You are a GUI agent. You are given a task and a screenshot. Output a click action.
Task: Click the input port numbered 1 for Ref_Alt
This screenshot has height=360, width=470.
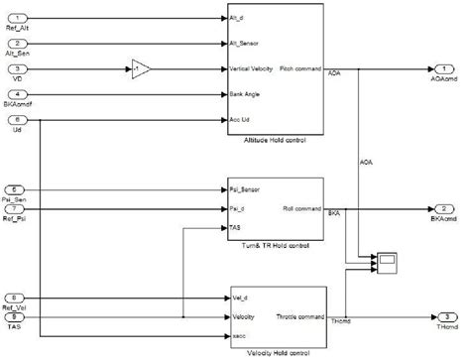[22, 18]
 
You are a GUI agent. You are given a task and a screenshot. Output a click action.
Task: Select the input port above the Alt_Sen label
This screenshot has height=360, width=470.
[22, 43]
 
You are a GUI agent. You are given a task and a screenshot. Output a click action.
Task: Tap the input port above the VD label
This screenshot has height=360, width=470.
[22, 68]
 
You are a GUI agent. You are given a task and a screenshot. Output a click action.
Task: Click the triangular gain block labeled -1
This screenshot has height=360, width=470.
[140, 68]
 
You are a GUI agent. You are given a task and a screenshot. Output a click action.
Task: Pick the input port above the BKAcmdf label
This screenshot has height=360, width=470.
[22, 94]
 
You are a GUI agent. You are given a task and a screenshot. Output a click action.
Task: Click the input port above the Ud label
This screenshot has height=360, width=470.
[22, 119]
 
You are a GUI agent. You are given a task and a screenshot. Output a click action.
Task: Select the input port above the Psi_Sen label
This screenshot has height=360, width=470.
[22, 187]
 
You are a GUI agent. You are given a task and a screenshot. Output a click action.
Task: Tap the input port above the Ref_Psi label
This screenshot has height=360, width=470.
[22, 209]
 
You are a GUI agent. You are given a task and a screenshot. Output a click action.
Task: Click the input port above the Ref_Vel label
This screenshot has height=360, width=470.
[22, 297]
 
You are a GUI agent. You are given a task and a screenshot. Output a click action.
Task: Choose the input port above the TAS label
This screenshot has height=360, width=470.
[22, 317]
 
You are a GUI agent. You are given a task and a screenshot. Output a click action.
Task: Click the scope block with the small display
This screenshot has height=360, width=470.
[387, 262]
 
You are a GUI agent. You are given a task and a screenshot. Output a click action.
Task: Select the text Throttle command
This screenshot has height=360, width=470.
[298, 317]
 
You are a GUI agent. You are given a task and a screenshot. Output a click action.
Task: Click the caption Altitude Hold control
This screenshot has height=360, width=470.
[275, 140]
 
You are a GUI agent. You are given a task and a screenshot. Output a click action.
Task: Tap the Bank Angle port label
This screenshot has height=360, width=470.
[245, 94]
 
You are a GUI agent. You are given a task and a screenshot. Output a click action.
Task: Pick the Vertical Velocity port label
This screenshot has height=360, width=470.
[252, 68]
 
